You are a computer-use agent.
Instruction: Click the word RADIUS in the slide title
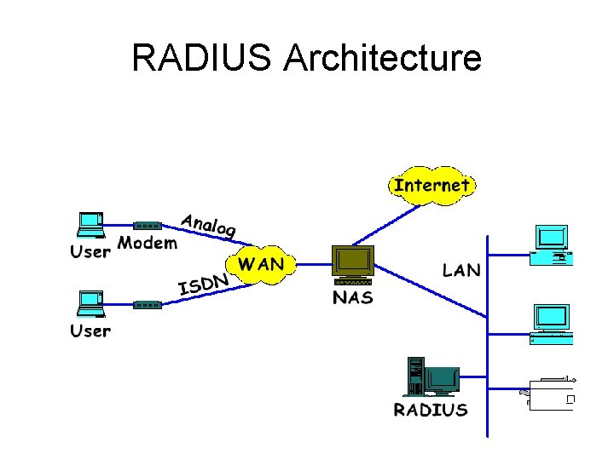(x=202, y=59)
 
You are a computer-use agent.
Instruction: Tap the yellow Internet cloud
(x=432, y=185)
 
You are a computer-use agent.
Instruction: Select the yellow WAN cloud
(x=261, y=264)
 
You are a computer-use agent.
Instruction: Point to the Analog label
(x=208, y=224)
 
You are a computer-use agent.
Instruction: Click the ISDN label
(x=205, y=284)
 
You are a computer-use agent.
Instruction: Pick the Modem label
(x=148, y=244)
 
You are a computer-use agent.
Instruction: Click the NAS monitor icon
(x=353, y=264)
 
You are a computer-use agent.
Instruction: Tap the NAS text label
(x=352, y=297)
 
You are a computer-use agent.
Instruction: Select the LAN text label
(x=461, y=271)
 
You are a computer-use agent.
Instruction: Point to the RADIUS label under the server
(x=431, y=410)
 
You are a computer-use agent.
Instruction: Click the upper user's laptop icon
(x=90, y=224)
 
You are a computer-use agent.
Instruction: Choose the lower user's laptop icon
(x=90, y=302)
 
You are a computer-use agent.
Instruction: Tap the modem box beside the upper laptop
(x=148, y=226)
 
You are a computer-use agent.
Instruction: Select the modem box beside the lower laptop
(x=148, y=304)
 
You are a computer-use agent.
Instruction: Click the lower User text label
(x=90, y=331)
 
